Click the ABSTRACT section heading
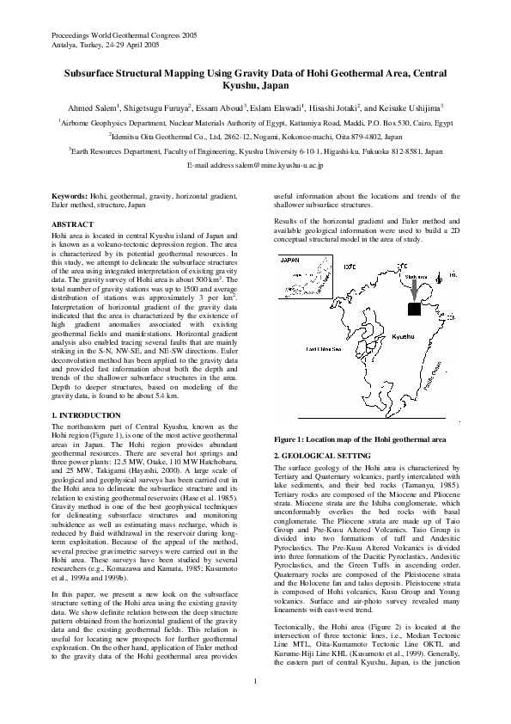pyautogui.click(x=72, y=224)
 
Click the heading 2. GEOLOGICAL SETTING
pyautogui.click(x=321, y=454)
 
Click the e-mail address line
pyautogui.click(x=255, y=163)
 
